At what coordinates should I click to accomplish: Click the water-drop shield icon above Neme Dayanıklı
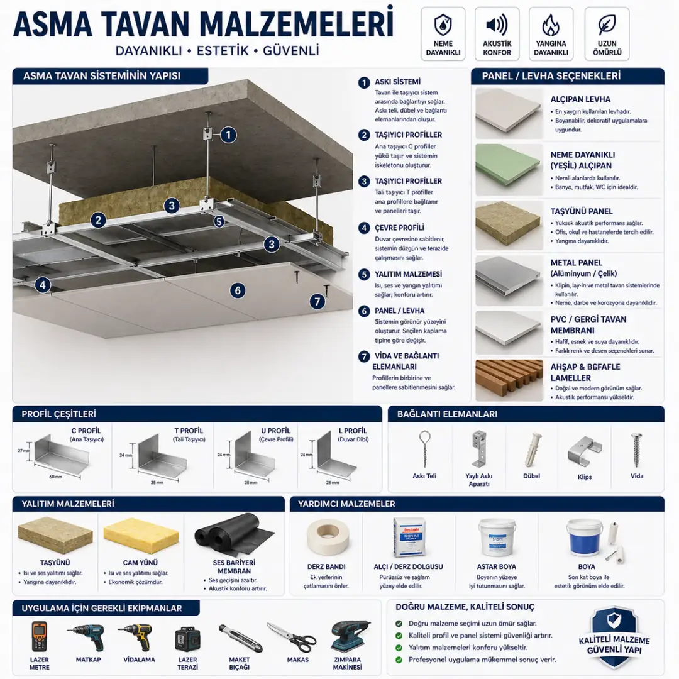point(443,25)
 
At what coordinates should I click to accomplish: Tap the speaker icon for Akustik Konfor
point(497,25)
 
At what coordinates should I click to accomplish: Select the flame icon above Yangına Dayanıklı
point(551,25)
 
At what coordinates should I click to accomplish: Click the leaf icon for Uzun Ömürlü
point(607,25)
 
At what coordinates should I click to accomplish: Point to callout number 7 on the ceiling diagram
point(318,301)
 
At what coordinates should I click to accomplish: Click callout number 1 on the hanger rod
point(228,134)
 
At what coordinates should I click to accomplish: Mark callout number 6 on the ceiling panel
point(237,290)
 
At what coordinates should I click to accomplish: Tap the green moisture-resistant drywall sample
point(508,165)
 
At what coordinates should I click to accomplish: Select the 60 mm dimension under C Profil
point(55,477)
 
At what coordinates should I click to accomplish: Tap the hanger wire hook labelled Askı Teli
point(425,448)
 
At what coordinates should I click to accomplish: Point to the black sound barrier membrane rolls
point(233,534)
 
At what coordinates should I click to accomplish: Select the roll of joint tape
point(327,538)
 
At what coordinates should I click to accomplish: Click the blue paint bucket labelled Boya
point(584,538)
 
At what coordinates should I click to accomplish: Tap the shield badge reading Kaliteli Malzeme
point(613,637)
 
